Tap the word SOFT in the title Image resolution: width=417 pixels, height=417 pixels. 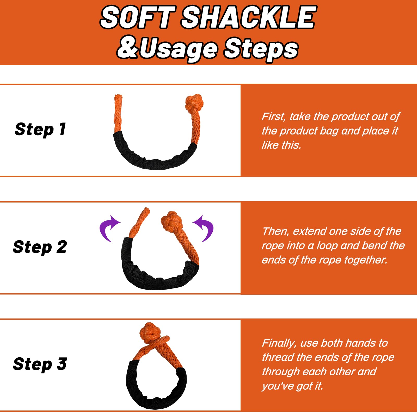pos(138,18)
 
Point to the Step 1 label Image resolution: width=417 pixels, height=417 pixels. pos(40,129)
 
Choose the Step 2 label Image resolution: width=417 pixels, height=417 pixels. pos(40,247)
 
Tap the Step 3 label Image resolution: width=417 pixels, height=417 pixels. pos(40,364)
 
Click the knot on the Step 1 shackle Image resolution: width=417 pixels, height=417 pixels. pos(194,103)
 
